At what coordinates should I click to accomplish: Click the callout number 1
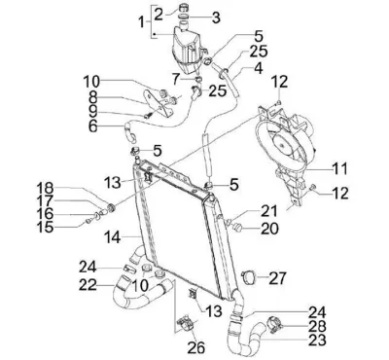(142, 22)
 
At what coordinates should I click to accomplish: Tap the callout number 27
(277, 278)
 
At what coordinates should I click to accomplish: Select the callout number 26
(196, 348)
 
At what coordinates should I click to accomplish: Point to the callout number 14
(112, 237)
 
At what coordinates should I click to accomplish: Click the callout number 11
(339, 168)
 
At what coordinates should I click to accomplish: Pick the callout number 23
(317, 341)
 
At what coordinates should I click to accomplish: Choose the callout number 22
(88, 285)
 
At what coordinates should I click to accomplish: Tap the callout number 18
(45, 188)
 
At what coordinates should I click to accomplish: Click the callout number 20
(269, 229)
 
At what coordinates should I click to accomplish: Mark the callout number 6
(93, 126)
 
